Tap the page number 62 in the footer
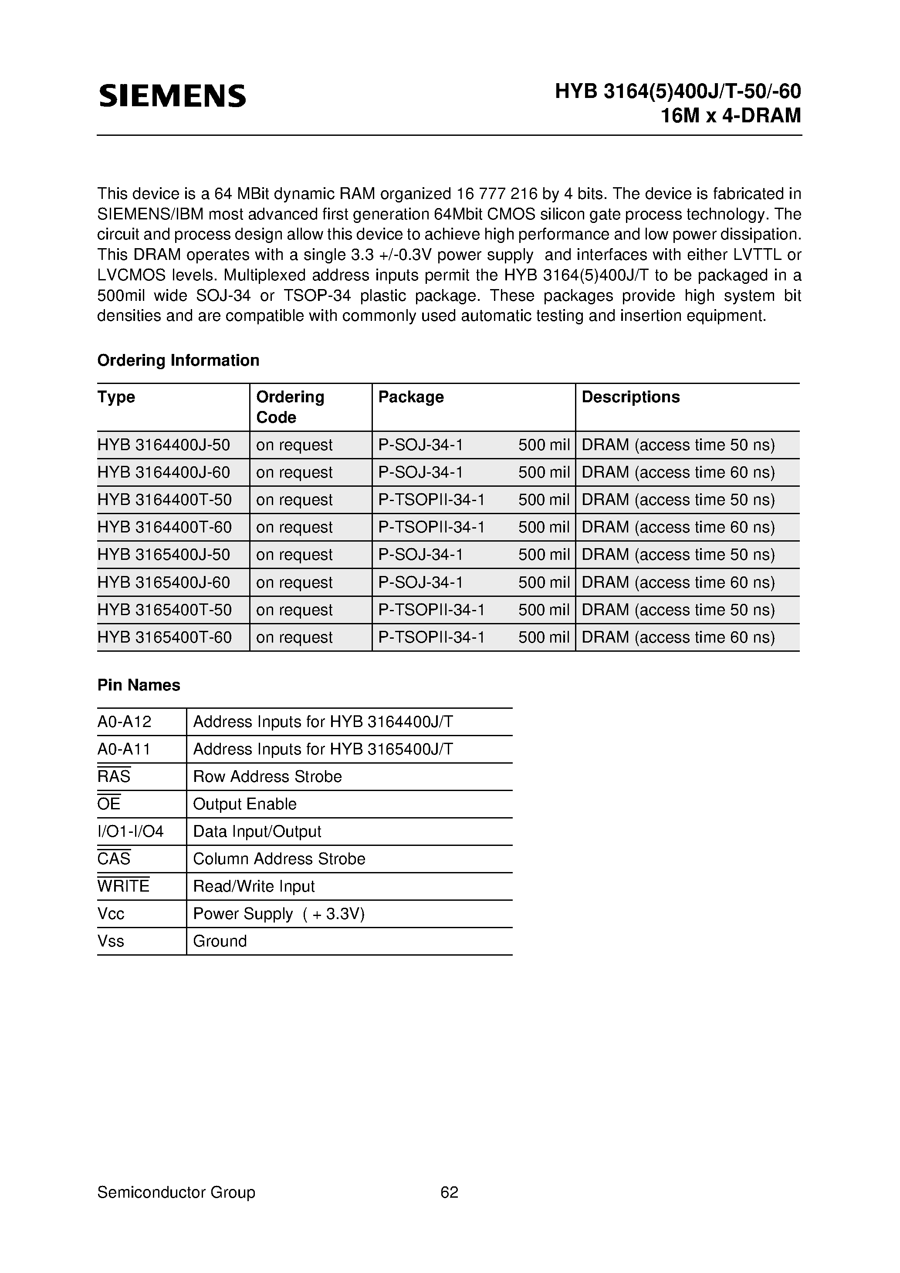(x=449, y=1192)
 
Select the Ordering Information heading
(x=178, y=360)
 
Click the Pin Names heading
(x=139, y=685)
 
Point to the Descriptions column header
(x=630, y=397)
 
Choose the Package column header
(x=411, y=397)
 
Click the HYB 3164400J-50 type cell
(x=164, y=445)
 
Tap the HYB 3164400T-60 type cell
(x=164, y=527)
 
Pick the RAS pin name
(x=114, y=777)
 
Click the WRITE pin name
(x=123, y=886)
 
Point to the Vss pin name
(x=110, y=941)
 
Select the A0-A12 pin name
(x=124, y=722)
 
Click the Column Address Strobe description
(x=279, y=859)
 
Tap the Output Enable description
(x=245, y=804)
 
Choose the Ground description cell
(x=220, y=941)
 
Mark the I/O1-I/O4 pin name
(x=130, y=832)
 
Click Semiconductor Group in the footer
(x=176, y=1192)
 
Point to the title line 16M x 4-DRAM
(x=731, y=115)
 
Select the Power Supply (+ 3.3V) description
(x=278, y=914)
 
